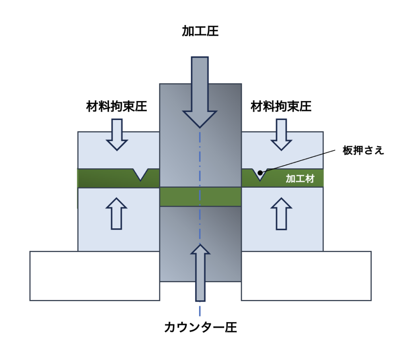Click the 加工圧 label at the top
point(200,31)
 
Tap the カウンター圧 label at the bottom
point(200,327)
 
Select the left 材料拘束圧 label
point(117,107)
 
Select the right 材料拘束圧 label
point(281,107)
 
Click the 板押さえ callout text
point(363,151)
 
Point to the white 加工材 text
point(300,179)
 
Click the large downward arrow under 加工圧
point(200,93)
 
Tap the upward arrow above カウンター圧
point(200,270)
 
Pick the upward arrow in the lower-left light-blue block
point(116,213)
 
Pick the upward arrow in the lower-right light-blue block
point(281,213)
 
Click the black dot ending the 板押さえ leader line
point(260,173)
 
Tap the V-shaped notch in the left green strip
point(141,174)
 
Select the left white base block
point(95,276)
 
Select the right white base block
point(306,276)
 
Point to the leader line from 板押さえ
point(298,161)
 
